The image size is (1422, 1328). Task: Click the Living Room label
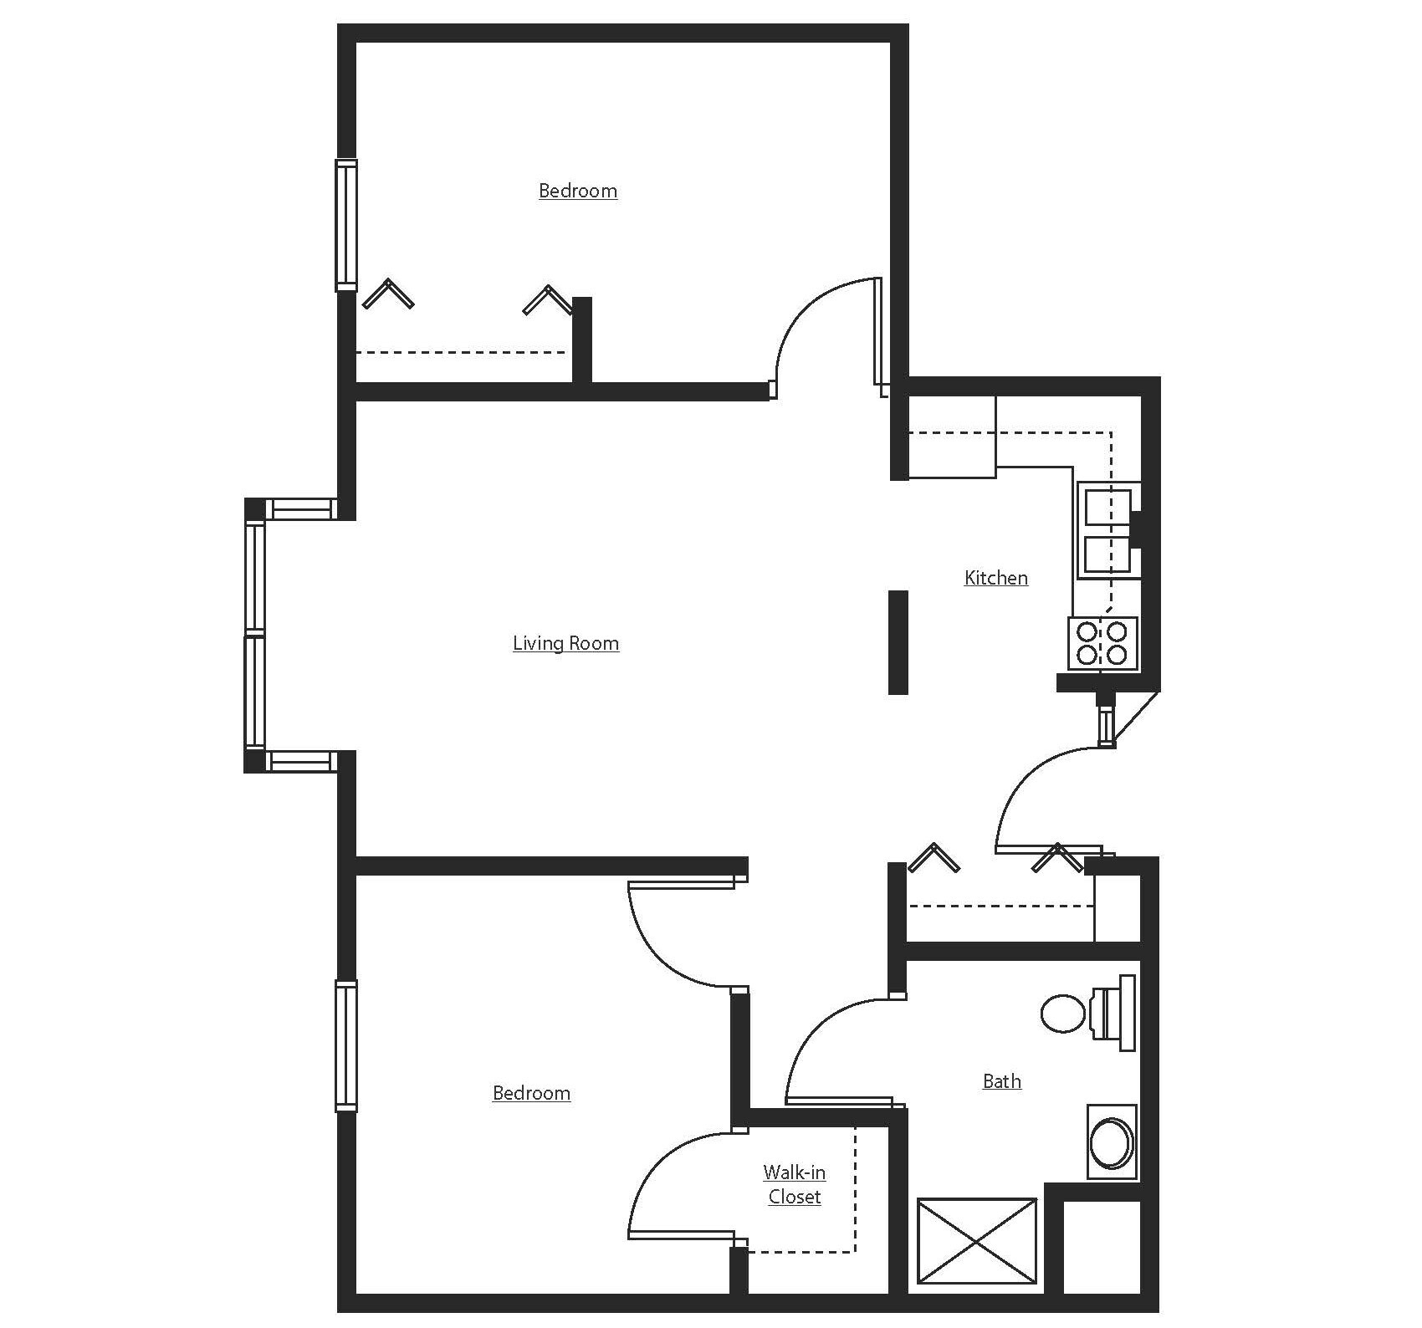[565, 643]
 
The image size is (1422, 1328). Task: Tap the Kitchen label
[995, 578]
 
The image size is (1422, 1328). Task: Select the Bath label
[1001, 1081]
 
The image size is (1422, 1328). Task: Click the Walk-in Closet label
[794, 1184]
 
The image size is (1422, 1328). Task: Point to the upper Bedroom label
[578, 191]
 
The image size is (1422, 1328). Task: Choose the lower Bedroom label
[531, 1093]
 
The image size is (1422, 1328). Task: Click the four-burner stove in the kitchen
[1102, 643]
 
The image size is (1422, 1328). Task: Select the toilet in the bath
[1087, 1013]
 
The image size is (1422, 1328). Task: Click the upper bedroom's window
[346, 225]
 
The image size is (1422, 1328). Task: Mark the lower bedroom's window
[346, 1045]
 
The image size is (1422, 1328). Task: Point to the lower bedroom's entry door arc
[661, 953]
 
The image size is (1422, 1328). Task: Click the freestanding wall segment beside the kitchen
[898, 642]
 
